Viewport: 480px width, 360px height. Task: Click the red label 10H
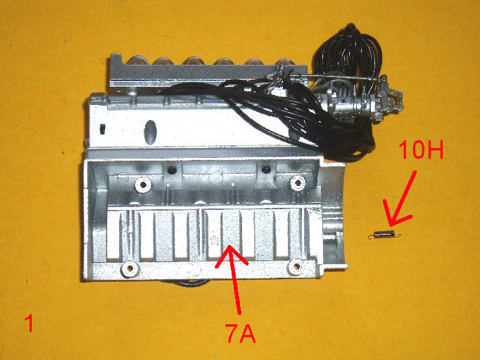421,149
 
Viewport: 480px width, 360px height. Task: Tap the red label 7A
240,333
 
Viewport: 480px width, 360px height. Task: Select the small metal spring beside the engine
385,234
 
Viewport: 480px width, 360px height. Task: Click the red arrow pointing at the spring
400,199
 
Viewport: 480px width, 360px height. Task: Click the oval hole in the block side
151,132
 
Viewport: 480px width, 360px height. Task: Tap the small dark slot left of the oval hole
102,129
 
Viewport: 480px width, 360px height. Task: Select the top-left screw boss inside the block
143,185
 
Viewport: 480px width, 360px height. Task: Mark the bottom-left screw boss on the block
130,269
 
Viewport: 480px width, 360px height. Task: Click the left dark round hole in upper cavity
172,170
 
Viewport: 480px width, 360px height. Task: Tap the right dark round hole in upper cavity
266,168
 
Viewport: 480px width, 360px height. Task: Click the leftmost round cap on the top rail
137,60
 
